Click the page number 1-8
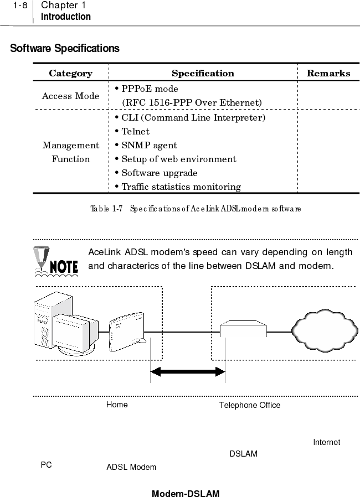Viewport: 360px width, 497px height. pyautogui.click(x=20, y=6)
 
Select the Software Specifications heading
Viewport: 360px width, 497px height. pyautogui.click(x=65, y=49)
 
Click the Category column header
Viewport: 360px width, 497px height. pyautogui.click(x=71, y=73)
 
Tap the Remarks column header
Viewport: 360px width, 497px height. pyautogui.click(x=328, y=73)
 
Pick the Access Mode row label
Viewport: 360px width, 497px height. pyautogui.click(x=71, y=96)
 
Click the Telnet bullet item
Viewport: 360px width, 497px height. pyautogui.click(x=132, y=132)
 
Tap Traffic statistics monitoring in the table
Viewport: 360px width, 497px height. pyautogui.click(x=177, y=187)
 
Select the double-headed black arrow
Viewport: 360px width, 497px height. pyautogui.click(x=188, y=372)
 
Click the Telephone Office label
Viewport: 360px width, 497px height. pyautogui.click(x=250, y=405)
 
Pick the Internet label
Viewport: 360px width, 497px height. pyautogui.click(x=327, y=442)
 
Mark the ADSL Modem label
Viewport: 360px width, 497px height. pyautogui.click(x=131, y=467)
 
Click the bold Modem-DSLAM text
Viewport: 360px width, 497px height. pyautogui.click(x=186, y=493)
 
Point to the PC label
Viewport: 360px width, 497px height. pyautogui.click(x=47, y=465)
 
